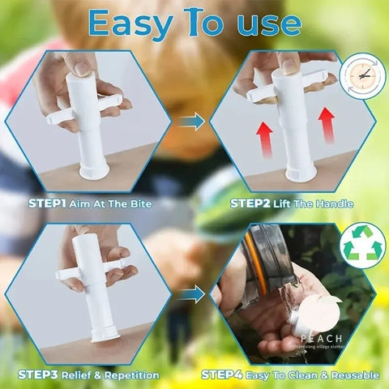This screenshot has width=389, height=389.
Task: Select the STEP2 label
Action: (252, 202)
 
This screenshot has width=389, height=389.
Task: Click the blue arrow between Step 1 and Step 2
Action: (191, 122)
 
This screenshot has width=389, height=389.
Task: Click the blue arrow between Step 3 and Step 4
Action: (191, 295)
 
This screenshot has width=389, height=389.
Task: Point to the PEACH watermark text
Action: (323, 338)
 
